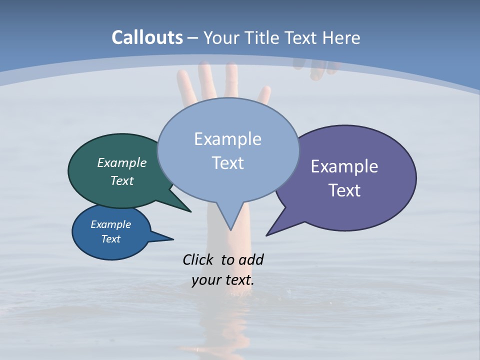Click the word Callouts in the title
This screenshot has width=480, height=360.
(147, 37)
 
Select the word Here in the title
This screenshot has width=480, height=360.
(342, 37)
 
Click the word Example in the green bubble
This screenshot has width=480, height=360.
(122, 162)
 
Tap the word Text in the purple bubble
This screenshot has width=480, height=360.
(344, 190)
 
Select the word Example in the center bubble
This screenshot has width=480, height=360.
(227, 139)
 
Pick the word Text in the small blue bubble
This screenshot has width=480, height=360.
(110, 239)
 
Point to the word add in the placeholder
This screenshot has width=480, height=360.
(251, 259)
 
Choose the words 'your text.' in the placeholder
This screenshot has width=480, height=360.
(223, 280)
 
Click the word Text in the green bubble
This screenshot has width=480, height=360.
(122, 180)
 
